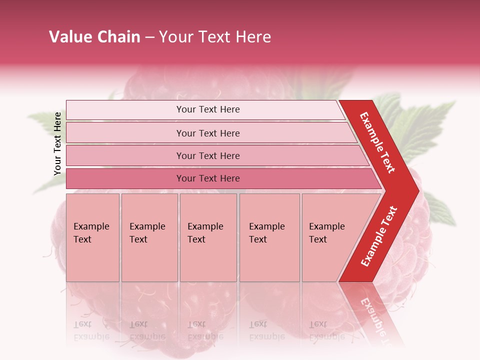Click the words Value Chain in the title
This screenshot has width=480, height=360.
pyautogui.click(x=94, y=37)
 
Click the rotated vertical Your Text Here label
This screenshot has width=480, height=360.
pyautogui.click(x=58, y=143)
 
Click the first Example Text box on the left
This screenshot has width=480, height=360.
pyautogui.click(x=92, y=237)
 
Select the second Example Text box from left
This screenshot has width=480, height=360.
pyautogui.click(x=149, y=237)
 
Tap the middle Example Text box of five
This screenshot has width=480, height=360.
pyautogui.click(x=208, y=237)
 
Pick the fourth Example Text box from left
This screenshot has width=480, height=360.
pyautogui.click(x=269, y=237)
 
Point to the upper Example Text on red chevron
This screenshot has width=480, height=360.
pyautogui.click(x=377, y=142)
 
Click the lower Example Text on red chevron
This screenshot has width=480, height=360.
pyautogui.click(x=379, y=236)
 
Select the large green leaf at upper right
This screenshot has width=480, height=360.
pyautogui.click(x=425, y=125)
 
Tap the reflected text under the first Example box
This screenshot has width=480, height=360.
pyautogui.click(x=91, y=330)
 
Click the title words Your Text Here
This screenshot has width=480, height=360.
pyautogui.click(x=215, y=37)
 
